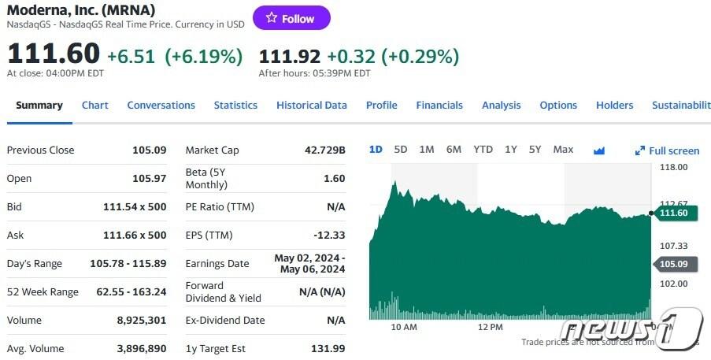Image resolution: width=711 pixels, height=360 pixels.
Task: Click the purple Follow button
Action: (x=291, y=18)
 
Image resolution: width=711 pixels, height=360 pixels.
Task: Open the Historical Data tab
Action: (x=311, y=105)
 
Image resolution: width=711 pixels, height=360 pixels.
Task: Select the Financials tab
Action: (x=439, y=105)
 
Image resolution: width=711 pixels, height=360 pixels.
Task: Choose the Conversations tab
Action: (x=161, y=105)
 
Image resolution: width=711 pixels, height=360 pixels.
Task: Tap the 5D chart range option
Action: (x=400, y=149)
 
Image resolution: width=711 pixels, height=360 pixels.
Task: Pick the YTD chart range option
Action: (x=483, y=149)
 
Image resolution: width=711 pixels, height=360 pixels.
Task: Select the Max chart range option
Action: (x=563, y=149)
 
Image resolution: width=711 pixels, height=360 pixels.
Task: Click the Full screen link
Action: (x=668, y=150)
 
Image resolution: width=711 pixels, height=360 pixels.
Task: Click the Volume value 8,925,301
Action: (x=142, y=320)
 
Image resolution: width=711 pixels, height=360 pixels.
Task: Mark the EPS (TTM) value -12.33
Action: (x=329, y=235)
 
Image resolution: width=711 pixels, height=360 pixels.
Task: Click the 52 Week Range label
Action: (x=43, y=291)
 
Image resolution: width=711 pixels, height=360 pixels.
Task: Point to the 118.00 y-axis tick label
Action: (x=672, y=167)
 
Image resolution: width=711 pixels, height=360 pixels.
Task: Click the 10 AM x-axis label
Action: (x=404, y=326)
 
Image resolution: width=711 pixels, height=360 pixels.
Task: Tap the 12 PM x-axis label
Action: (x=490, y=326)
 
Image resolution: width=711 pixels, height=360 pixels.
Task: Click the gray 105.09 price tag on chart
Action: (x=672, y=264)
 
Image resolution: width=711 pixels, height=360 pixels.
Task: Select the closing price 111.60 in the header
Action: (x=53, y=54)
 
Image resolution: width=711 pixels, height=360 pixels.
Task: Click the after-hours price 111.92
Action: (x=289, y=56)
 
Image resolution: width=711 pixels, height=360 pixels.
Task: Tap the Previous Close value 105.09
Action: (x=149, y=150)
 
